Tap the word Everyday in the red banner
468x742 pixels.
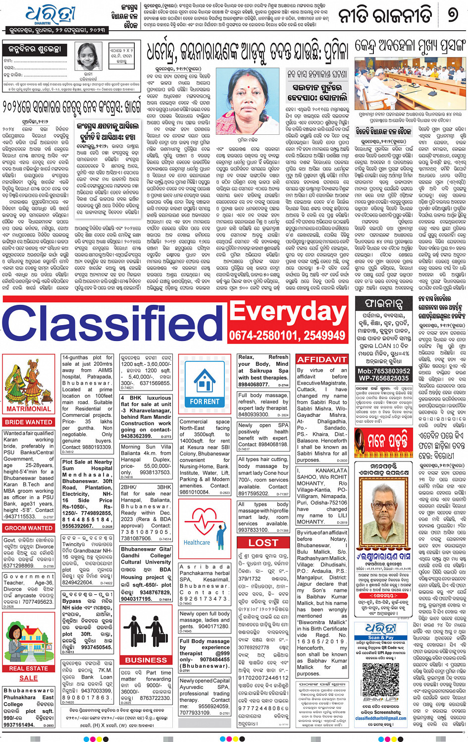(x=287, y=312)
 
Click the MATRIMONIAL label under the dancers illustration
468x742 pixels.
(x=28, y=409)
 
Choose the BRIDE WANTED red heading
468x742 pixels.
(x=28, y=422)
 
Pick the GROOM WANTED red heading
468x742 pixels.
(x=28, y=528)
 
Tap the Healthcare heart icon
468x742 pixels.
(x=197, y=527)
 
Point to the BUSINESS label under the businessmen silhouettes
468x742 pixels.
(x=146, y=660)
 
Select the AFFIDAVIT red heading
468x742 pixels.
(x=321, y=359)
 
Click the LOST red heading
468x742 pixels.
(x=263, y=543)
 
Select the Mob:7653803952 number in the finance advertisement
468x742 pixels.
(x=384, y=371)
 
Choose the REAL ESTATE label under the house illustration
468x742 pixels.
(x=28, y=668)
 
